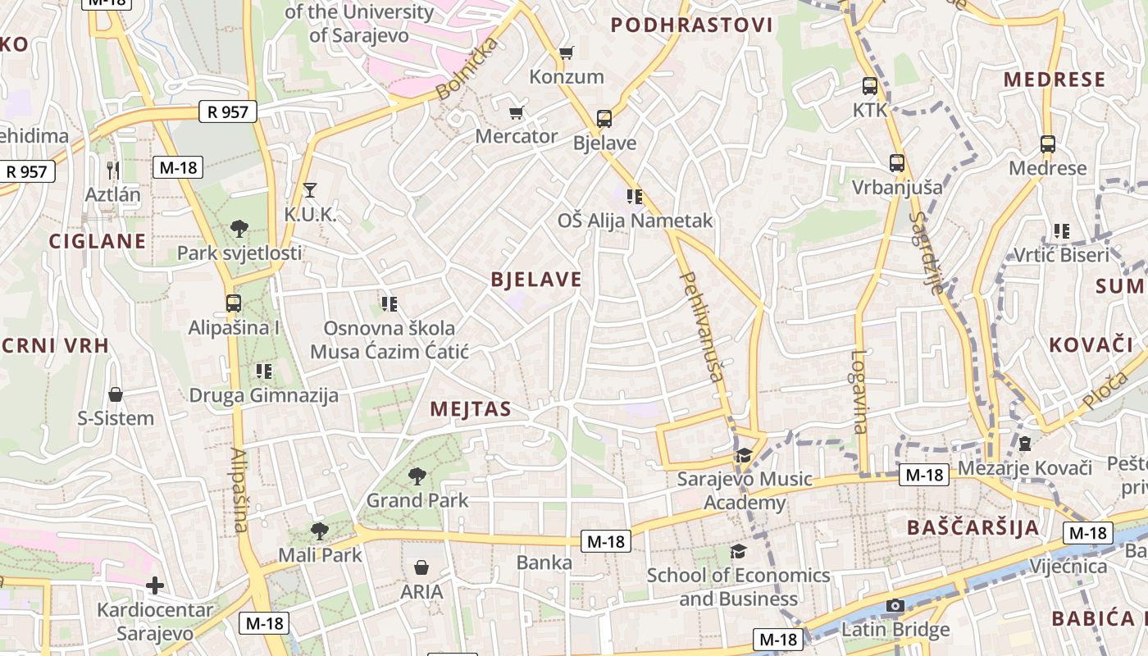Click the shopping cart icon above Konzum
click(566, 53)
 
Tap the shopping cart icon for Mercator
click(516, 112)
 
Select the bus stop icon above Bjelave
click(604, 119)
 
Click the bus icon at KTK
click(870, 85)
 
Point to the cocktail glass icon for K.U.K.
click(309, 190)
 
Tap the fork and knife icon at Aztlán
click(113, 170)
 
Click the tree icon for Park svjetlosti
click(239, 228)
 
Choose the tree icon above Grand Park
click(417, 476)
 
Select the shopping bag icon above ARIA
click(421, 567)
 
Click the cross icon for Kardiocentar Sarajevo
click(155, 585)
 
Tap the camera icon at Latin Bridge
click(895, 606)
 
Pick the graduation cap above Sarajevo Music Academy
click(744, 455)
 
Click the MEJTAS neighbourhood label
click(471, 409)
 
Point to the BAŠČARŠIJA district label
click(973, 527)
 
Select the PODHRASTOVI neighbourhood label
click(692, 25)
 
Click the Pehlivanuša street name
click(703, 326)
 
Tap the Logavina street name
click(859, 392)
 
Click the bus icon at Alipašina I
click(234, 303)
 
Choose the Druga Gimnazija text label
click(264, 396)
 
